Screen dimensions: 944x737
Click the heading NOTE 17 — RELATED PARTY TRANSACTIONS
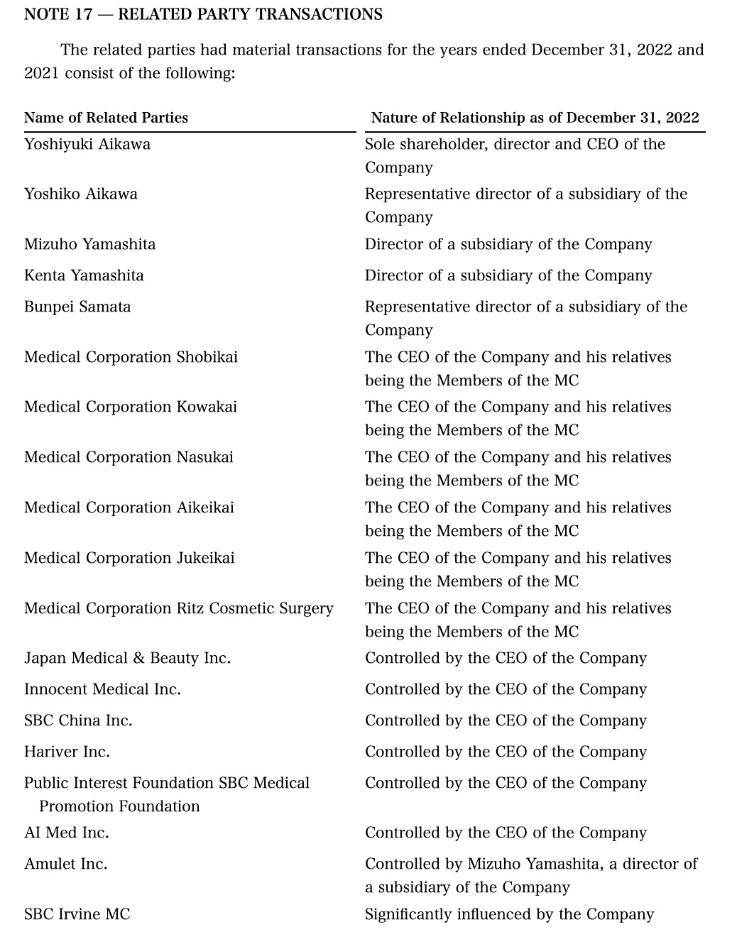tap(203, 14)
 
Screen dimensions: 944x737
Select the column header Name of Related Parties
tap(106, 118)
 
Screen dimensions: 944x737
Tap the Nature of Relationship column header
tap(535, 118)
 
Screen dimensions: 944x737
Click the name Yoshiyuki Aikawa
tap(87, 144)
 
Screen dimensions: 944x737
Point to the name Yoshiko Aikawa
tap(81, 194)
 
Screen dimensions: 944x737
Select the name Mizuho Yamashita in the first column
tap(89, 244)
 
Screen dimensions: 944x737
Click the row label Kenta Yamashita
tap(84, 275)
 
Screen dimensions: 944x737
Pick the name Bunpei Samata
tap(77, 307)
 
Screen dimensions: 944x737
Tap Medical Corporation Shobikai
tap(131, 357)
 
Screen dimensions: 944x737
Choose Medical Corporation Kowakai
tap(131, 407)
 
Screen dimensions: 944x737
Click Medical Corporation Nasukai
tap(129, 457)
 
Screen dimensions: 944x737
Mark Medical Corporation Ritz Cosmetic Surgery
tap(179, 608)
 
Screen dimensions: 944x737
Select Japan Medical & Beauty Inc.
tap(127, 658)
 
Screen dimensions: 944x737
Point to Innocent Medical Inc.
tap(102, 689)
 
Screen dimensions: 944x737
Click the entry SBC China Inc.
tap(78, 720)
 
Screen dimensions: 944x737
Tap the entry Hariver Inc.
tap(67, 752)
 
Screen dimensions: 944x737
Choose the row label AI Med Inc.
tap(66, 833)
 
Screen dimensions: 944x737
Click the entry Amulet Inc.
tap(65, 864)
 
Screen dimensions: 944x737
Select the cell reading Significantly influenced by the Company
tap(509, 914)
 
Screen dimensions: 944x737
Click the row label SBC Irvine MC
tap(77, 914)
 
